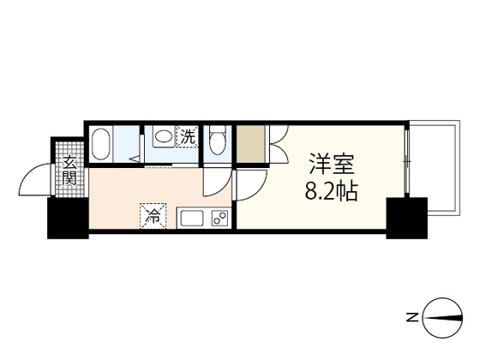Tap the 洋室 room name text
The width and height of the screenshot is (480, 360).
tap(329, 163)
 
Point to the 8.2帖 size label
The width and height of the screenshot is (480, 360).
tap(329, 190)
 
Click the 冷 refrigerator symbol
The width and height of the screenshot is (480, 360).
tap(151, 216)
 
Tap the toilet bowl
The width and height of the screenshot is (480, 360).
tap(216, 143)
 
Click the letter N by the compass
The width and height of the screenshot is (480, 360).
tap(412, 319)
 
